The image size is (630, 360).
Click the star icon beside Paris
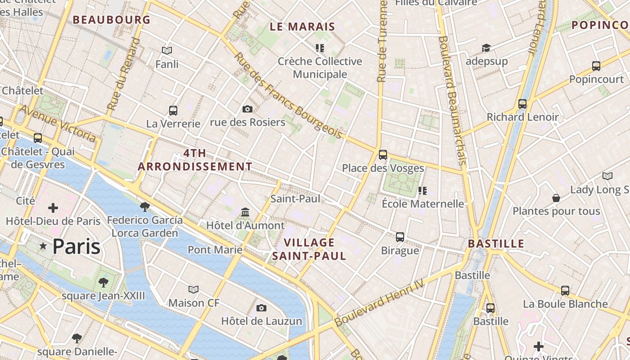[x=43, y=246]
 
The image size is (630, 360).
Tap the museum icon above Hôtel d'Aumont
[x=245, y=212]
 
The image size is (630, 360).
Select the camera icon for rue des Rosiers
[x=247, y=109]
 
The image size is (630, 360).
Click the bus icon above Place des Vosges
[x=383, y=155]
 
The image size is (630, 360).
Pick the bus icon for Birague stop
[x=400, y=237]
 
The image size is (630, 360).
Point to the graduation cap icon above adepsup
[x=486, y=48]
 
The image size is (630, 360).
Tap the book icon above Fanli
[x=167, y=51]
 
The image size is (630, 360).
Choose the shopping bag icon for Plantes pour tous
[x=556, y=198]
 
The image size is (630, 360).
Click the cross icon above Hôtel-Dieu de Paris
[x=53, y=208]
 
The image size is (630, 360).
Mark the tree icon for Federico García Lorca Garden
[x=144, y=207]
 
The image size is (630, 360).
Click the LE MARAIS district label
[x=302, y=27]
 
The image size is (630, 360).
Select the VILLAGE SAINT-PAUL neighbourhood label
[x=309, y=249]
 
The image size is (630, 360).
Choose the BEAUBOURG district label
[x=112, y=20]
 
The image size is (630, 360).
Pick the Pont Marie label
[x=215, y=249]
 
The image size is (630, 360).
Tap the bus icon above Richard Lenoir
[x=522, y=104]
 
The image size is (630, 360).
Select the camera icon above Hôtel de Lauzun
[x=261, y=308]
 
